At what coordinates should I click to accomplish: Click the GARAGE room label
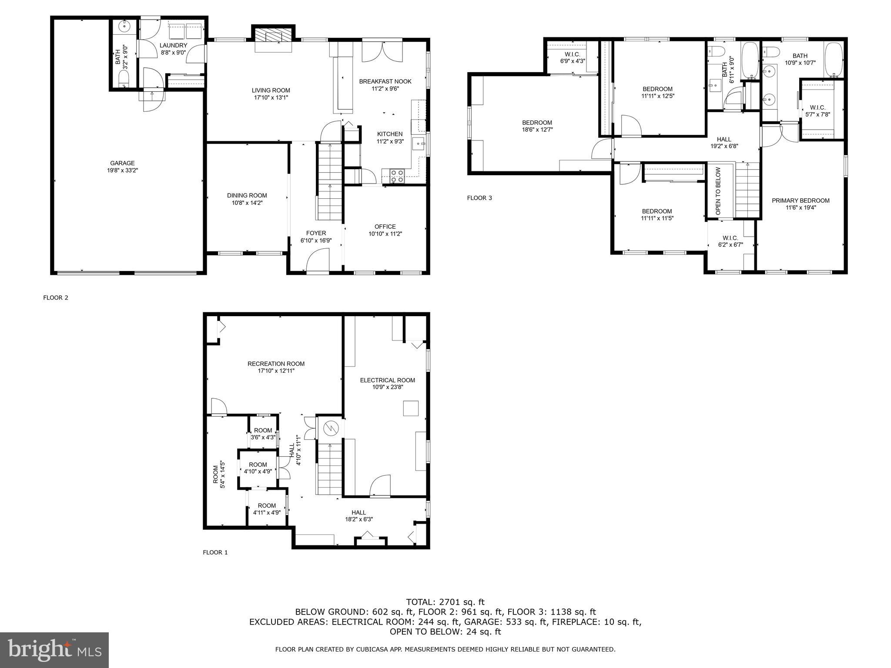point(122,164)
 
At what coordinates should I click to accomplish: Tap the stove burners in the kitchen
point(397,176)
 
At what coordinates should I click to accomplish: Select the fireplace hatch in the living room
point(273,36)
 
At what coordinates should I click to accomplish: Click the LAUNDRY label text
point(173,46)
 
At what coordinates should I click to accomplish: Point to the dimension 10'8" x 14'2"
point(247,203)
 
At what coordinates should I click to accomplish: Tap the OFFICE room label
point(385,227)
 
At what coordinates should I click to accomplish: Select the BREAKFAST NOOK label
point(385,81)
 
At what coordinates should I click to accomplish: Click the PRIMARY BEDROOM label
point(801,200)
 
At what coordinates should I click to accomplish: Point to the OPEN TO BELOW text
point(718,191)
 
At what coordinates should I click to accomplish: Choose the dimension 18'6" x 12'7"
point(537,130)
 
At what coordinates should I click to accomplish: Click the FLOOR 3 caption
point(479,198)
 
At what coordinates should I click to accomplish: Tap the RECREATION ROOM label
point(276,364)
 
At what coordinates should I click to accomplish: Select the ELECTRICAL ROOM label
point(387,380)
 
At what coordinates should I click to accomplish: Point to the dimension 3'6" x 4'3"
point(263,438)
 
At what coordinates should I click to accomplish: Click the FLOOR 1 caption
point(215,552)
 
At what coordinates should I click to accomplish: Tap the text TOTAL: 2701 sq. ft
point(445,602)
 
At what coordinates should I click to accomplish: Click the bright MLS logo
point(54,650)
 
